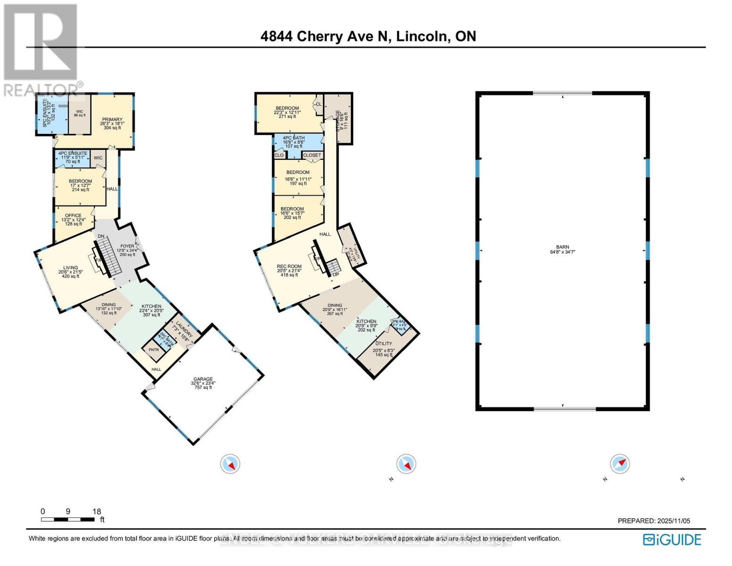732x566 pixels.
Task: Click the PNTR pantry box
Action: click(x=154, y=350)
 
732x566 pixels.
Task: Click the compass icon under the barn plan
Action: click(x=620, y=464)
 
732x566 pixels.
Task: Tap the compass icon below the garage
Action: click(x=230, y=464)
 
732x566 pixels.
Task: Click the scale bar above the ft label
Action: click(x=67, y=519)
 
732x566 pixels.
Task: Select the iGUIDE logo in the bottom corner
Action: click(x=673, y=540)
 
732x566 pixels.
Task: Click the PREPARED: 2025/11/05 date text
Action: click(x=654, y=521)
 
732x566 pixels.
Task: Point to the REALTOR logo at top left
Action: click(x=41, y=50)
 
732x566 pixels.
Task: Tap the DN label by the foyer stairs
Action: click(x=100, y=236)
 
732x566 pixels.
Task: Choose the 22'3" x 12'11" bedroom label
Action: click(x=287, y=112)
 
